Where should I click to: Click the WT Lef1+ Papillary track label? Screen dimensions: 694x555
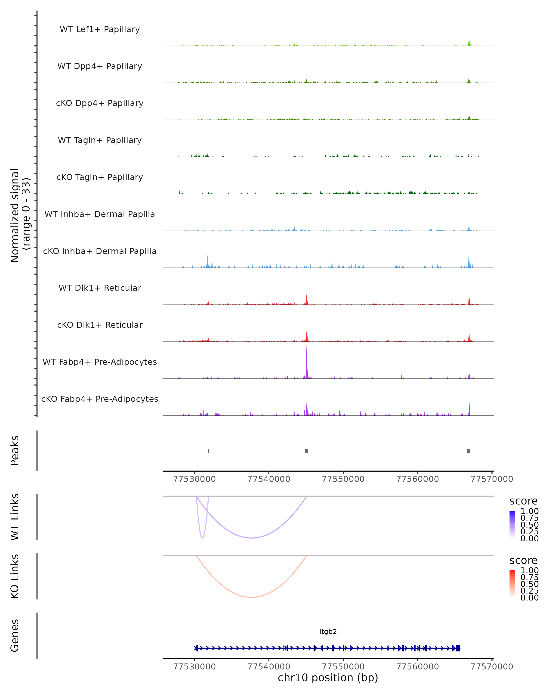pos(100,29)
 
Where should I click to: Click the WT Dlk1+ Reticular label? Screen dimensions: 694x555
pos(100,288)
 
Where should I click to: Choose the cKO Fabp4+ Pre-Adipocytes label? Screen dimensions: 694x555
pos(100,399)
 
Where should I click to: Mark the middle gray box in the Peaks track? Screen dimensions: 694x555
pos(307,451)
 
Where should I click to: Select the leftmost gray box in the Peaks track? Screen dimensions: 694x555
pos(209,451)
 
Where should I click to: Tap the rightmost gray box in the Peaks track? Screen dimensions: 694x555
pos(469,451)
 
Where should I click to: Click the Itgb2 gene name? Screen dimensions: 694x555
pos(328,632)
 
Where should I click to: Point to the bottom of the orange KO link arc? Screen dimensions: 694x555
pos(252,597)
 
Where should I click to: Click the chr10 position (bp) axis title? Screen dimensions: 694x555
pos(328,678)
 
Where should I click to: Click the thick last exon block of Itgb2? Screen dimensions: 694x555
pos(458,648)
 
